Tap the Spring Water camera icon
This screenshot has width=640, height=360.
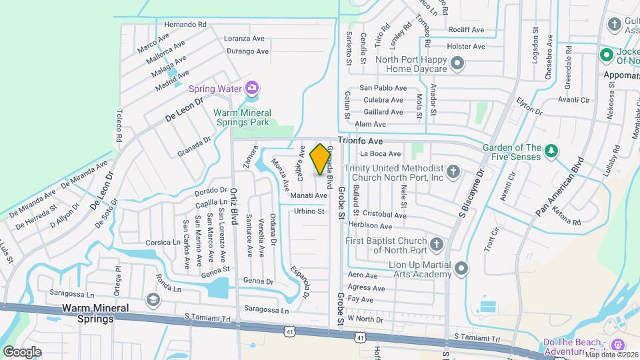coord(251,87)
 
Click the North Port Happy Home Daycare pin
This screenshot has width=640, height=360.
coord(457,64)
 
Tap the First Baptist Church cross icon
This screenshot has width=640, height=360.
coord(436,245)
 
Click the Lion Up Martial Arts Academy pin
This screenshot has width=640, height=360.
coord(462,270)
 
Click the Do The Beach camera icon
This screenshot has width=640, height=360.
coord(617,344)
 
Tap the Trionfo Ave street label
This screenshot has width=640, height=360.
coord(360,141)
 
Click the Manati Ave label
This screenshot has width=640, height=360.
coord(308,196)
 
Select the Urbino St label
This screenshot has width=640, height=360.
coord(309,211)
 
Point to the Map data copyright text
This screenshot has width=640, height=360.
coord(611,355)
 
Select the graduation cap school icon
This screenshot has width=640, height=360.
coord(154,299)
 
